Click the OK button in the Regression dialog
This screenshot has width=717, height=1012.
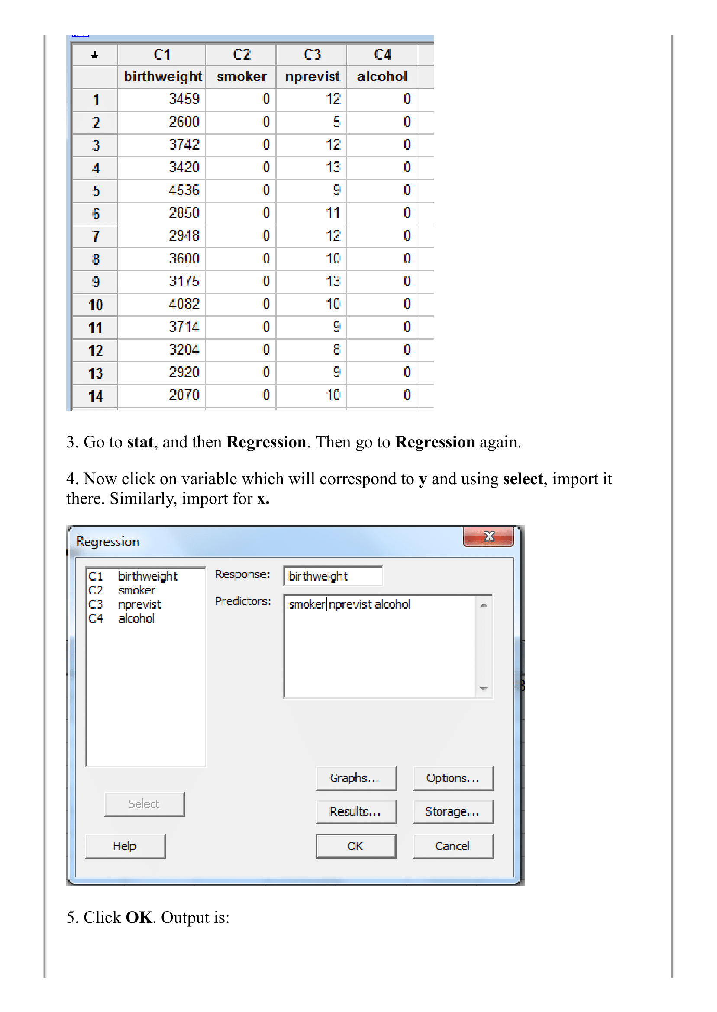[x=355, y=846]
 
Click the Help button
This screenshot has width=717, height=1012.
[x=125, y=846]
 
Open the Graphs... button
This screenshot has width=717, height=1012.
[x=355, y=778]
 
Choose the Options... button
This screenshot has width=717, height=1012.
[x=453, y=778]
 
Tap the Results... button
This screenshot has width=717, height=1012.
[x=355, y=811]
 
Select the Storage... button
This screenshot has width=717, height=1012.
[x=453, y=811]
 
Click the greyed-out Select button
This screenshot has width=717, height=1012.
[x=144, y=804]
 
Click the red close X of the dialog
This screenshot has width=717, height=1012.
[x=488, y=537]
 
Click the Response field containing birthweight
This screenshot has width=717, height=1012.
[x=333, y=576]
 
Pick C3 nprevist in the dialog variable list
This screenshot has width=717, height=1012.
[x=126, y=604]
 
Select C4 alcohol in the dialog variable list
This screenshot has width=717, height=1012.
[x=122, y=619]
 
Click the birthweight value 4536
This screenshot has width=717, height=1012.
[x=184, y=190]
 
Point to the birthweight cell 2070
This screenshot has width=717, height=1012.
[x=184, y=395]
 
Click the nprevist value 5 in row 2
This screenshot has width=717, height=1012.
[x=336, y=122]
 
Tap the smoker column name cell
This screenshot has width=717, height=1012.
[x=242, y=76]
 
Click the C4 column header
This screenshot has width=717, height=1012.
[x=382, y=54]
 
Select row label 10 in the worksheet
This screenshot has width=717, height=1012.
[x=95, y=305]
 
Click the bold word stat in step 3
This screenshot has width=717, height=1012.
[x=140, y=442]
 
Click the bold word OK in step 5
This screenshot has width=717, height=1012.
[x=139, y=917]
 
